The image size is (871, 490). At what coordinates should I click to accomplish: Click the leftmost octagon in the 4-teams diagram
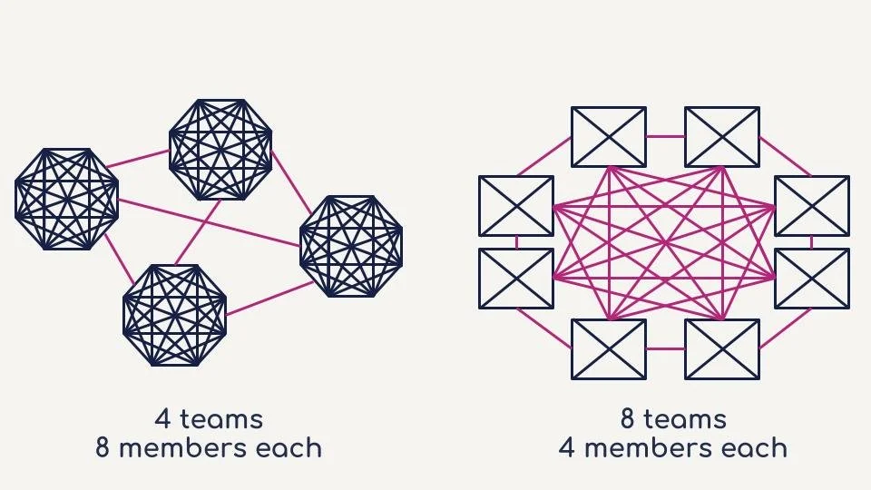[66, 199]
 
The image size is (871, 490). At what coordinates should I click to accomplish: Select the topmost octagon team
[220, 149]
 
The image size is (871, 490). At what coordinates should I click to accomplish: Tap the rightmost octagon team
[350, 246]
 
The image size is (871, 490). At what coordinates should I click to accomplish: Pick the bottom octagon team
[174, 315]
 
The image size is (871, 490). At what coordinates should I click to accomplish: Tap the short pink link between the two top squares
[665, 137]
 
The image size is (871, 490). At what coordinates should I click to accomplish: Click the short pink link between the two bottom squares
[665, 348]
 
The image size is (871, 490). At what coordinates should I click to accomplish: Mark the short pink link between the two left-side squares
[516, 242]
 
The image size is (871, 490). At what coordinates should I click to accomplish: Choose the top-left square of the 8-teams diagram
[608, 137]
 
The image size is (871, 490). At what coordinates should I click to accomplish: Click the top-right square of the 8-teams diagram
[722, 137]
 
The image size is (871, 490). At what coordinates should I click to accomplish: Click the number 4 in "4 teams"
[163, 419]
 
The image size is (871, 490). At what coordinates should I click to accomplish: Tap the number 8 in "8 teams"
[628, 419]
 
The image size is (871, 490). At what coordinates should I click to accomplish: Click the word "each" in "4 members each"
[756, 448]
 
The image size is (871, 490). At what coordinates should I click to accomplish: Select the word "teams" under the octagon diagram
[221, 419]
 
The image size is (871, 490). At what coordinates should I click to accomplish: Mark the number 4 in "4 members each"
[568, 448]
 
